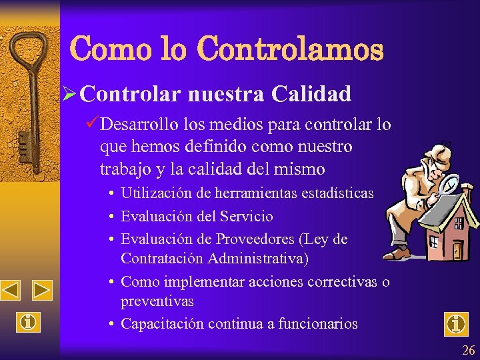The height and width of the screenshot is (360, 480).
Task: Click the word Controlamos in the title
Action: point(291,49)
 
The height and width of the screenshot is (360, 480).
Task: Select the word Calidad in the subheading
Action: point(311,94)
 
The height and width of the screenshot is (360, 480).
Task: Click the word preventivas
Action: point(157,301)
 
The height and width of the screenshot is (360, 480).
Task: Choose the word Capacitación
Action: point(162,324)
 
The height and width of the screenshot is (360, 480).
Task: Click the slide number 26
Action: point(467,350)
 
